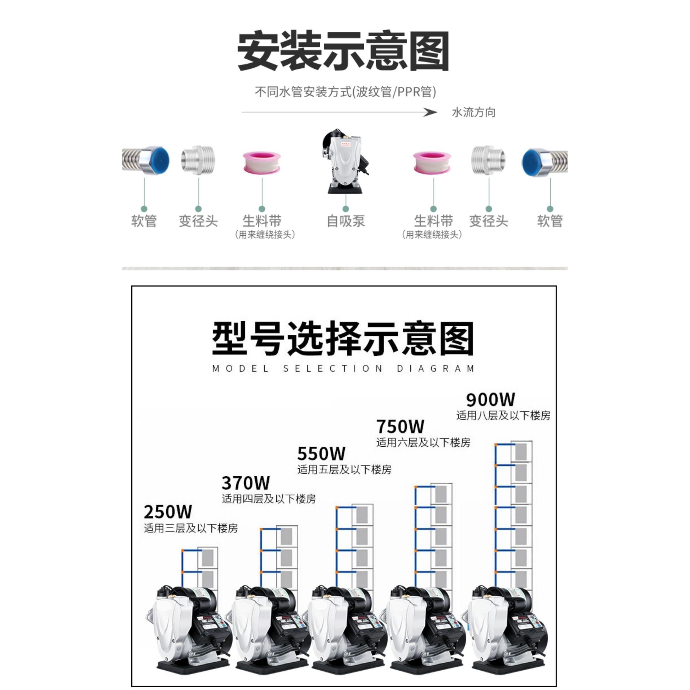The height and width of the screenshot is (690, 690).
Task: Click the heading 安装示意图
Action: (343, 51)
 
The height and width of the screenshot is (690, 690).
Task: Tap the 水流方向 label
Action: (474, 113)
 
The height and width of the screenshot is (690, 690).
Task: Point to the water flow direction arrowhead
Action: (430, 113)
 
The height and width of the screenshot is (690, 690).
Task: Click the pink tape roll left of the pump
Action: (262, 162)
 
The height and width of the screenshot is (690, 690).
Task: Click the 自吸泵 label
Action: (346, 221)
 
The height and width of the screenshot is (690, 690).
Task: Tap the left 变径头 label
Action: (198, 221)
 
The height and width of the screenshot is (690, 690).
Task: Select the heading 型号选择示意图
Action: (343, 338)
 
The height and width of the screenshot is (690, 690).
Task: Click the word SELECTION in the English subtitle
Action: (333, 368)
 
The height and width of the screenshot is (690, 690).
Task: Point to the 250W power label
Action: (168, 512)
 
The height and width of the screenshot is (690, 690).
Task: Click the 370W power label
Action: (246, 483)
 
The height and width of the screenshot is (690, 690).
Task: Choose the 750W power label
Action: (400, 426)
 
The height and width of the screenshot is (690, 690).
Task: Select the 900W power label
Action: (490, 400)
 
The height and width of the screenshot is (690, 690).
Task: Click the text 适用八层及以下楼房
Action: (503, 415)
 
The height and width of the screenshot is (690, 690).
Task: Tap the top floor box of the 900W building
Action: (521, 452)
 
